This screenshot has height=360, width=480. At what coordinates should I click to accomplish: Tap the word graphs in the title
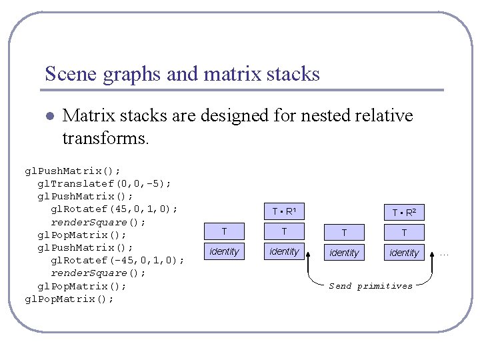click(131, 75)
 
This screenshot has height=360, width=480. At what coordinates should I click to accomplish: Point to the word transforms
click(105, 138)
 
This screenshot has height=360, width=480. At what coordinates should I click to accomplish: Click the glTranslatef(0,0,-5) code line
click(104, 183)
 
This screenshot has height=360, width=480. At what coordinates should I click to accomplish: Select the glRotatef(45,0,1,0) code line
click(114, 209)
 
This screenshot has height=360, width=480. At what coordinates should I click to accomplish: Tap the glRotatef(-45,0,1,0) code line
click(117, 260)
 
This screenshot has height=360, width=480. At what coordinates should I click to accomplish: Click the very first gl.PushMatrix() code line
click(73, 171)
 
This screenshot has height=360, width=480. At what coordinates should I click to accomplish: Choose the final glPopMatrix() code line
click(69, 299)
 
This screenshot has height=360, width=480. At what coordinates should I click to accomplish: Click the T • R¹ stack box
click(284, 212)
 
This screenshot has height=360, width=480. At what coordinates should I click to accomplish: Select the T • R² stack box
click(404, 213)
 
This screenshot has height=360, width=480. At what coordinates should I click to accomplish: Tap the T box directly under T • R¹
click(284, 232)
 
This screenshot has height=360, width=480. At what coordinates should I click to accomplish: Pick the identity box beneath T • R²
click(404, 253)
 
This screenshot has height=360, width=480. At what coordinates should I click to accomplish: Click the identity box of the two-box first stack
click(224, 251)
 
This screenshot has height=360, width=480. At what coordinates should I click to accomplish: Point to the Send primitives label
click(371, 286)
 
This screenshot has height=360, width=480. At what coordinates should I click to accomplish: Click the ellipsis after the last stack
click(445, 253)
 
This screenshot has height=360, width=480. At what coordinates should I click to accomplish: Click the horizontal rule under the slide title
click(243, 90)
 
